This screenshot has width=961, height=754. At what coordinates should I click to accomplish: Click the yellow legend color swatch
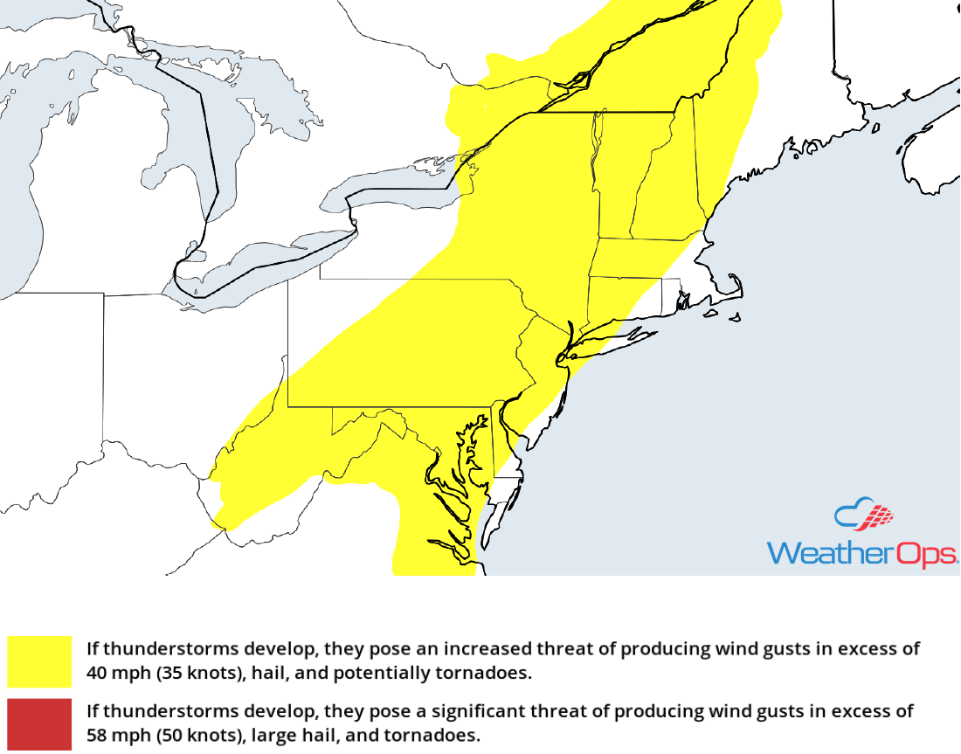[x=39, y=661]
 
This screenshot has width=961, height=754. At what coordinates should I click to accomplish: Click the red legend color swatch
[x=39, y=723]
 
